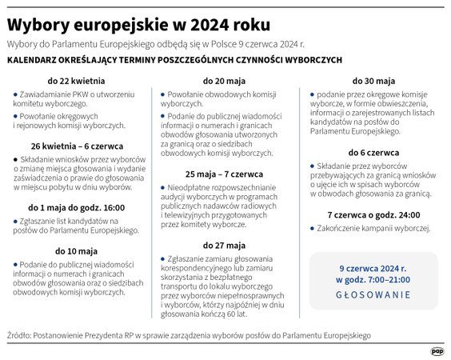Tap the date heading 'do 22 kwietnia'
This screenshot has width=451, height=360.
75,81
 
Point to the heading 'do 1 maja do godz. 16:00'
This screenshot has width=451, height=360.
75,207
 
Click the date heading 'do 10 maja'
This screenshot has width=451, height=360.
75,251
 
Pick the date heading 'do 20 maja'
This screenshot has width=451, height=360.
224,81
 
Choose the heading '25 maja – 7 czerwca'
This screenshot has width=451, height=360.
224,174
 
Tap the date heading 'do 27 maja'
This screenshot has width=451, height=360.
224,245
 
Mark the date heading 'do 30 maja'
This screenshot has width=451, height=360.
373,81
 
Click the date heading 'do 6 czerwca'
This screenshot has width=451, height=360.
373,152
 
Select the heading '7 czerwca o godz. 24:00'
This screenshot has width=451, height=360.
373,214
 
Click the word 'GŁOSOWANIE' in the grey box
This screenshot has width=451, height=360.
373,294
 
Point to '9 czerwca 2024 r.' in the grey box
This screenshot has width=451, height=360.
373,268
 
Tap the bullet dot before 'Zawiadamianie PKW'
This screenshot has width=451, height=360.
15,94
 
